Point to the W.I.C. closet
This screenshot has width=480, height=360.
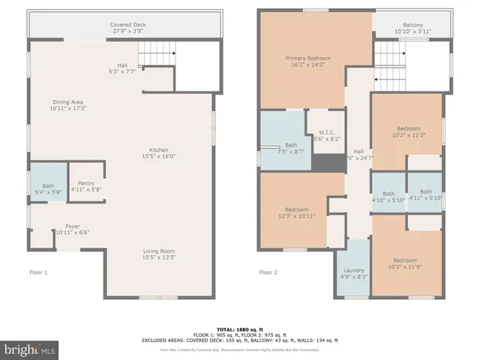click(325, 136)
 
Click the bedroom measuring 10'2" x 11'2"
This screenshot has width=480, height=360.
click(408, 131)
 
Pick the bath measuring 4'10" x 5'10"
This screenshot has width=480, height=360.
click(388, 195)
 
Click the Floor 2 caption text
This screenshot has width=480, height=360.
click(268, 272)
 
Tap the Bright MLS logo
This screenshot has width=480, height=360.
click(30, 349)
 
